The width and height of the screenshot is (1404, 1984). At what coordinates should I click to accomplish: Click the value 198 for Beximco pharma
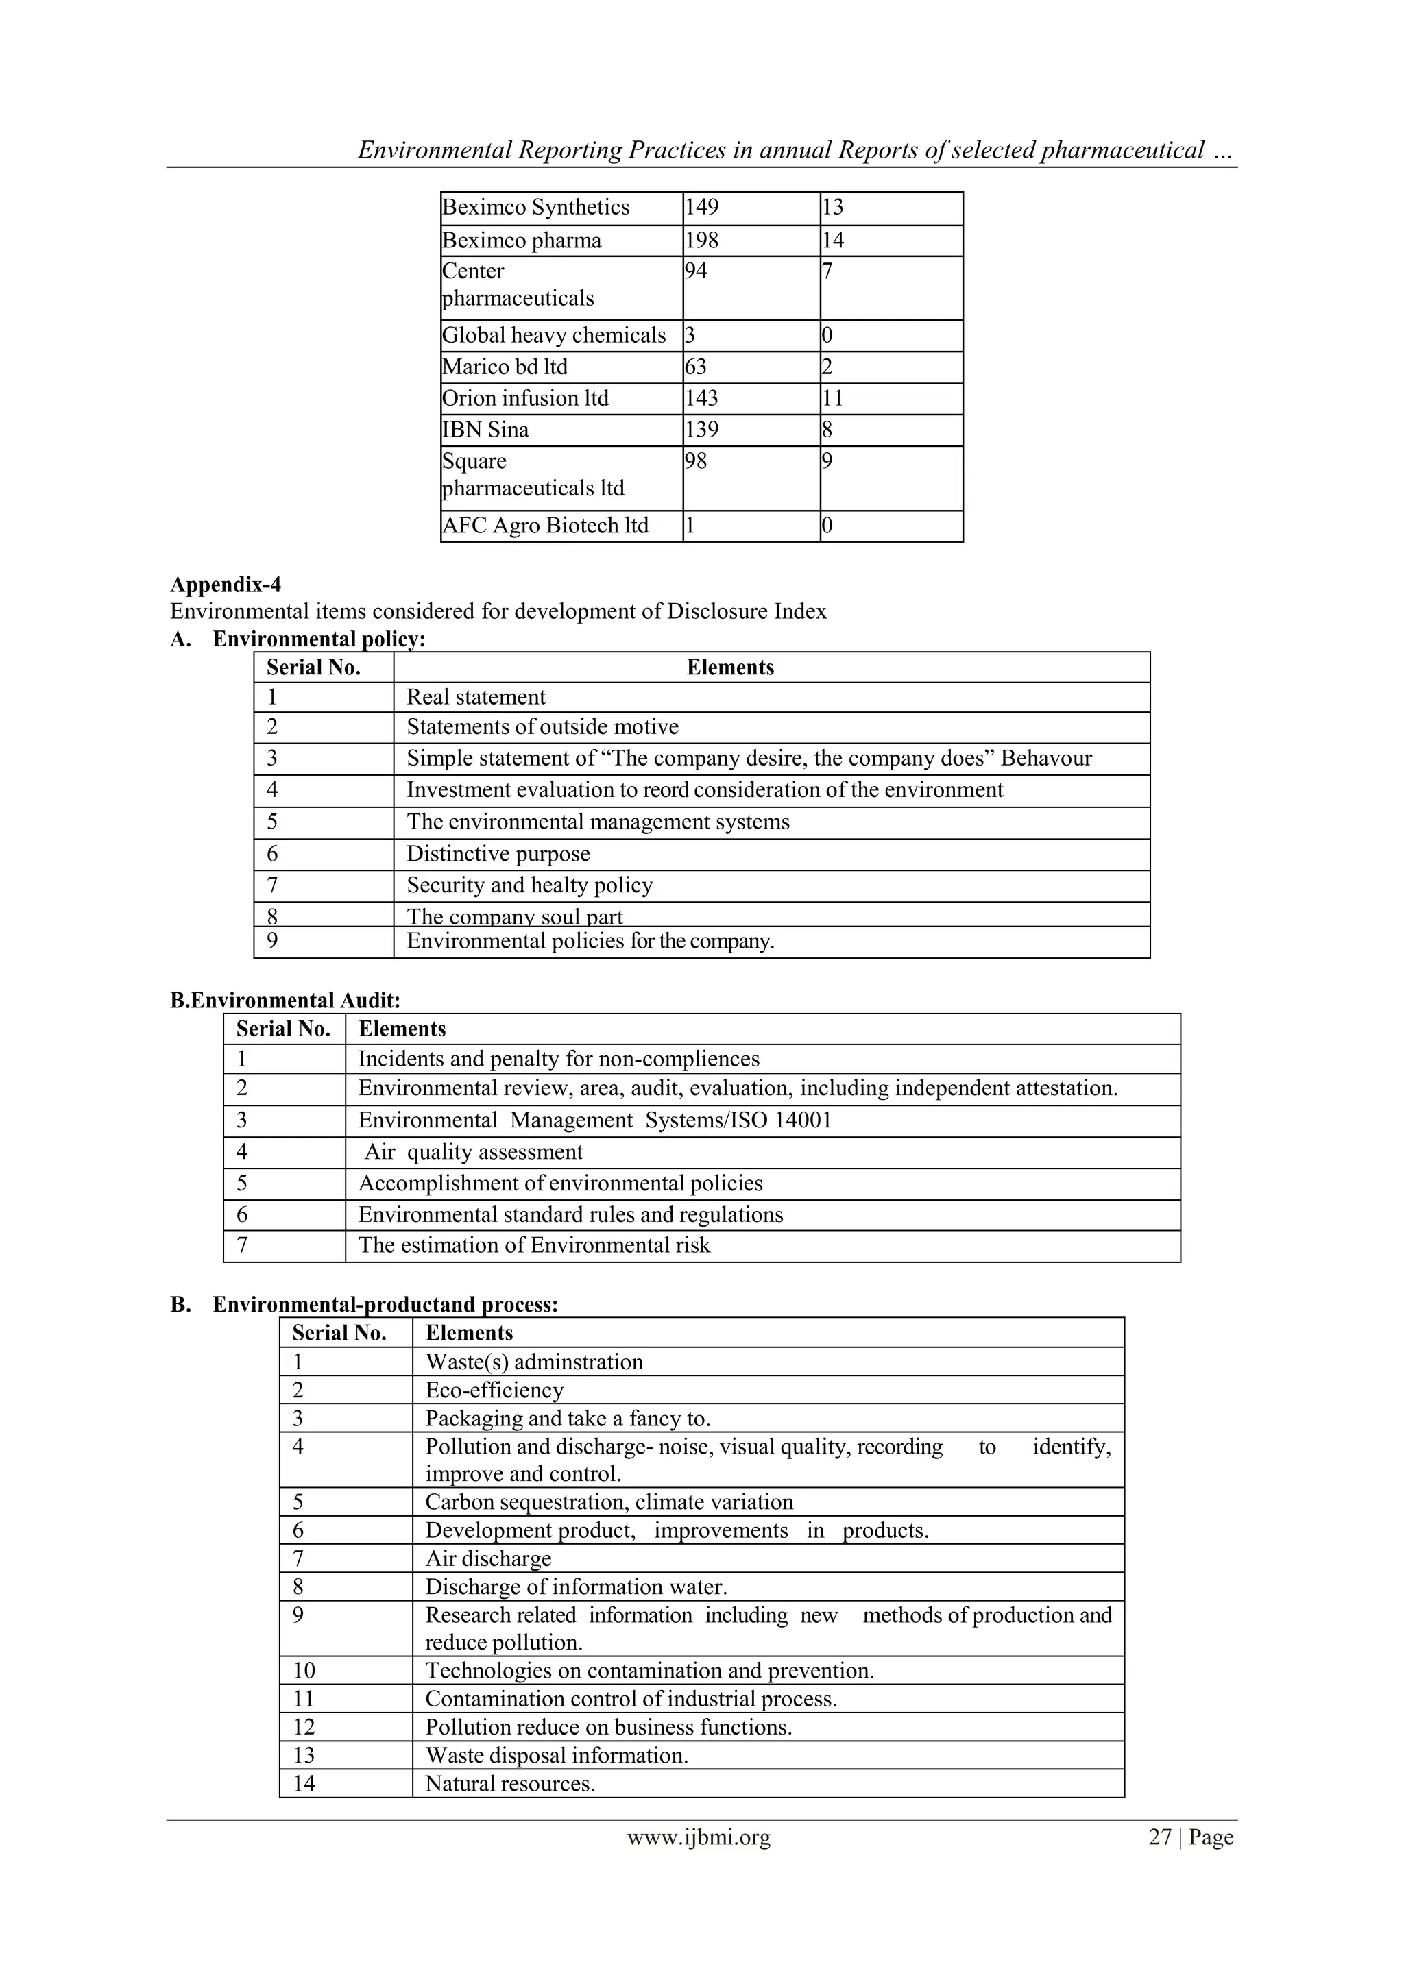[702, 241]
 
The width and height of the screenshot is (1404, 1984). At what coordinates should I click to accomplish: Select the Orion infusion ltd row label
[526, 398]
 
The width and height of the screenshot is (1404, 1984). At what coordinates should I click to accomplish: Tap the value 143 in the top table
[702, 398]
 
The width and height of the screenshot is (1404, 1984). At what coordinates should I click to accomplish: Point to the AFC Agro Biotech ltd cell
[546, 526]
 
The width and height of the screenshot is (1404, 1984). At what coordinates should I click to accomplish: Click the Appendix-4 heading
[226, 585]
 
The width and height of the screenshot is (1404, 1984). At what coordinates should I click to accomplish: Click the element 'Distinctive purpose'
[499, 854]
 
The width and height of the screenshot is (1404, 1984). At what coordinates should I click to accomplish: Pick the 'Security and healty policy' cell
[530, 885]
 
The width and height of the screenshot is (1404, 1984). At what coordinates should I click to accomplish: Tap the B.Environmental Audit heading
[285, 1001]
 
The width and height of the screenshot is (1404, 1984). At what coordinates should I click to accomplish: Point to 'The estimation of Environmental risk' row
[534, 1245]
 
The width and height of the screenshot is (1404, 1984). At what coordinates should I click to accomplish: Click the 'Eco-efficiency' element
[494, 1390]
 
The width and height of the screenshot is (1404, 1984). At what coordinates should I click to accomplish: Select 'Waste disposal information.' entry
[557, 1755]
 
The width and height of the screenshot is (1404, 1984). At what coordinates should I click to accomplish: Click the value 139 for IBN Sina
[702, 430]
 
